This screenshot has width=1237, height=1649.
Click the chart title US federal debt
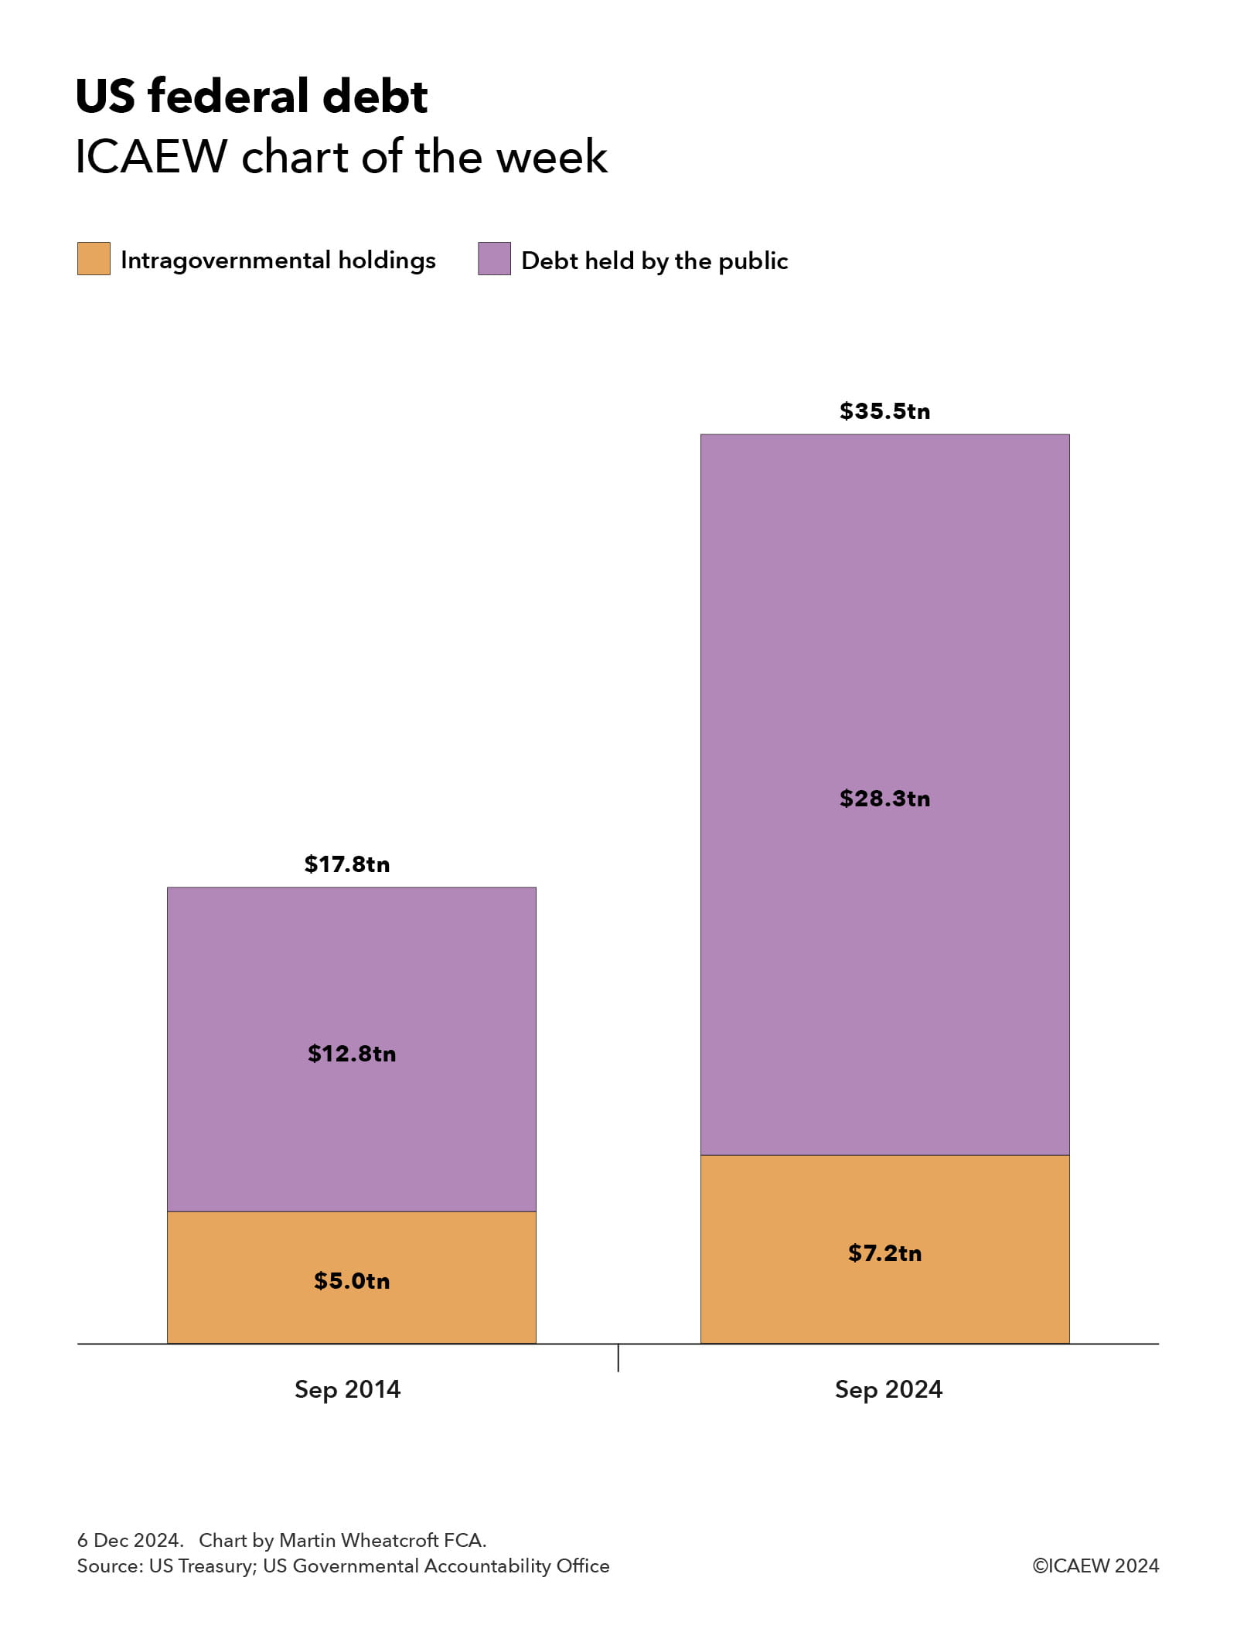[x=251, y=97]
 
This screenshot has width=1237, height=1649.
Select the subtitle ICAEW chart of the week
[x=341, y=157]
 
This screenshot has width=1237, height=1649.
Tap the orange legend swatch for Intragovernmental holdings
[x=94, y=259]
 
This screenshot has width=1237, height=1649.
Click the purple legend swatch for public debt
[x=494, y=259]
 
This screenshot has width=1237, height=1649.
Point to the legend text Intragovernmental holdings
[x=278, y=261]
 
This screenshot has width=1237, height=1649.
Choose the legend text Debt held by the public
[x=654, y=261]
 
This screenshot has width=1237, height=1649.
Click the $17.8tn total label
[x=346, y=864]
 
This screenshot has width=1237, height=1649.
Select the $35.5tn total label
[x=884, y=411]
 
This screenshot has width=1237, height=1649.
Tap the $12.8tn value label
[x=352, y=1054]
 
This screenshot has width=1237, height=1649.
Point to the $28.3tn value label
[x=884, y=799]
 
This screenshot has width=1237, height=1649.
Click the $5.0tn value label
[x=352, y=1281]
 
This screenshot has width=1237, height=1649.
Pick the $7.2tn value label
[x=884, y=1253]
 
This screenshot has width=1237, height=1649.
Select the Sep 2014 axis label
[x=347, y=1389]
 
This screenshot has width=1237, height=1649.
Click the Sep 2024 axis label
[x=888, y=1389]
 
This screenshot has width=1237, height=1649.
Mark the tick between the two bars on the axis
[x=618, y=1358]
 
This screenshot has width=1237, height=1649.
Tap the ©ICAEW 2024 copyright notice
[x=1096, y=1566]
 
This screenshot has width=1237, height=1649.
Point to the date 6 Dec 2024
[x=130, y=1540]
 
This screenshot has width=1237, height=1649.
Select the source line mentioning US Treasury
[x=342, y=1566]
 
